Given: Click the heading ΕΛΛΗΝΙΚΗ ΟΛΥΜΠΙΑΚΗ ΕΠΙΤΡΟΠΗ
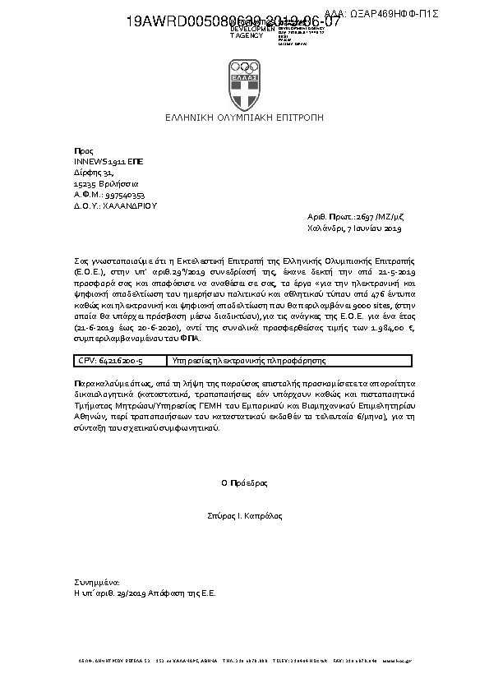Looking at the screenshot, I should (x=244, y=118).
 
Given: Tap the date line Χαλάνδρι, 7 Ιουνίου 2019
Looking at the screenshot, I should (x=353, y=228).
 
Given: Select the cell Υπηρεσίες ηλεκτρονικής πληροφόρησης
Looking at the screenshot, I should (x=247, y=361).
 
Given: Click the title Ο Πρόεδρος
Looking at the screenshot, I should (x=244, y=483).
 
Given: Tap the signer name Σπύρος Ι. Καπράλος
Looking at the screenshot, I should (x=244, y=516).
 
